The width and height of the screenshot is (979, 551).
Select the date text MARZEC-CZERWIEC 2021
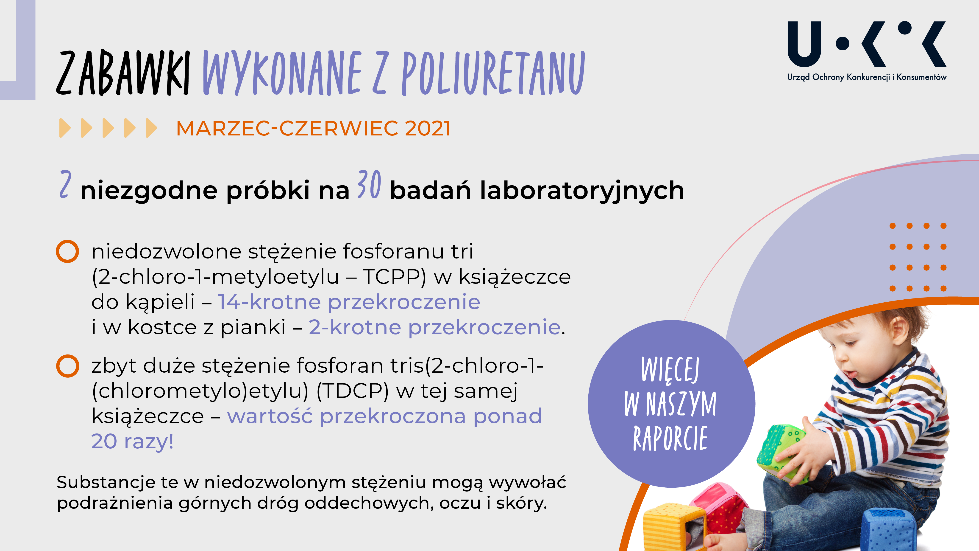[x=314, y=128]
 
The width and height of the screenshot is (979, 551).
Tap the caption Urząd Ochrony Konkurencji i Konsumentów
[x=867, y=77]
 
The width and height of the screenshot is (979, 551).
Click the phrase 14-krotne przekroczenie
[x=349, y=302]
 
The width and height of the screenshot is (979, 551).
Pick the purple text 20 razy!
[x=132, y=441]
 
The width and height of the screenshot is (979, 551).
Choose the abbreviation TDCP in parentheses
[x=352, y=391]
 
